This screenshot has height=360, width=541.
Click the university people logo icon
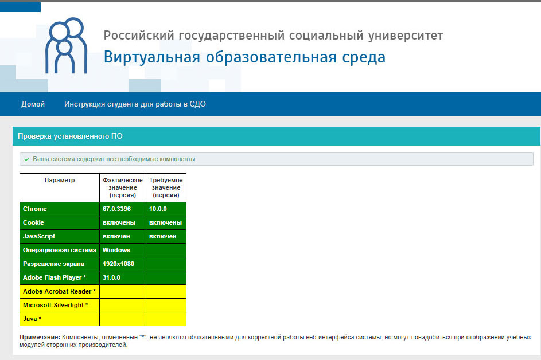coord(67,46)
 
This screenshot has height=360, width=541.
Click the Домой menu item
coord(33,104)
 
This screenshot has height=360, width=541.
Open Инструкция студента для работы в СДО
coord(135,104)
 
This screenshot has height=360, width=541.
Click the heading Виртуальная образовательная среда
coord(244,57)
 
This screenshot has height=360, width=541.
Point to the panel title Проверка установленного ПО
coord(70,136)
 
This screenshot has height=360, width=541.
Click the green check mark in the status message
coord(26,159)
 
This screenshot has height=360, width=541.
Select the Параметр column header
coord(60,180)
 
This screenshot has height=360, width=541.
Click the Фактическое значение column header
coord(123,187)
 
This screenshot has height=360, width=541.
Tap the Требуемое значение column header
coord(166,187)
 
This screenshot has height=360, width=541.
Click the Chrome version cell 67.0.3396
coord(116,209)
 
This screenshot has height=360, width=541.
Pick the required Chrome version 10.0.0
coord(158,209)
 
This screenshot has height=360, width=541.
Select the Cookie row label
coord(33,222)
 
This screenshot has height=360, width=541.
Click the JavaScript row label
coord(38,236)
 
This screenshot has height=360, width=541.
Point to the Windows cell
coord(116,250)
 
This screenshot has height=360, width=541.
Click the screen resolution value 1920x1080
coord(118,264)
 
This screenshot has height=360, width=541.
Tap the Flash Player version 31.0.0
coord(111,277)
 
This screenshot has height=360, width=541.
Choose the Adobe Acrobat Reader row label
coord(59,291)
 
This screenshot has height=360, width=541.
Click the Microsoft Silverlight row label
coord(55,305)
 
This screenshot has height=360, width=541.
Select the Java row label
coord(32,319)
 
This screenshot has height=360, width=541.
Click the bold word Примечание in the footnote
coord(40,337)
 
